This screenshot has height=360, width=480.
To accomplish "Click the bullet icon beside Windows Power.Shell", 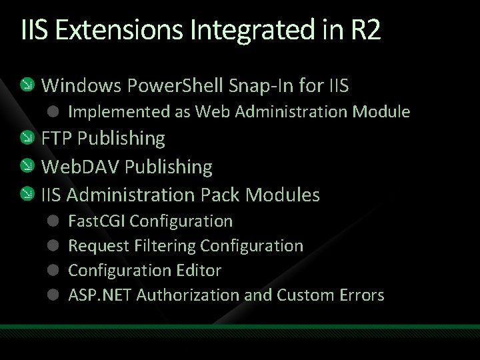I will click(x=26, y=85).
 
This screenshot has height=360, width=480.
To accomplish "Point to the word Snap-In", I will click(x=249, y=85).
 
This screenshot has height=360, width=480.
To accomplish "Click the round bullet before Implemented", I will click(x=53, y=111).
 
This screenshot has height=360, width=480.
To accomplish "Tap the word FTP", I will click(x=57, y=138).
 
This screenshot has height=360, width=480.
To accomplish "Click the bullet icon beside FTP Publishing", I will click(x=26, y=139).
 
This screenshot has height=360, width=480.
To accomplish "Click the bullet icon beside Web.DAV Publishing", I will click(x=26, y=167).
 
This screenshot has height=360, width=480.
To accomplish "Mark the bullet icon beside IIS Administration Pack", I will click(x=26, y=195).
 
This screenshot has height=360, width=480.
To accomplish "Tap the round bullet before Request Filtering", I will click(x=53, y=245).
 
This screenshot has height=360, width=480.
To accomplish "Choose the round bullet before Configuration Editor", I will click(x=53, y=270).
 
